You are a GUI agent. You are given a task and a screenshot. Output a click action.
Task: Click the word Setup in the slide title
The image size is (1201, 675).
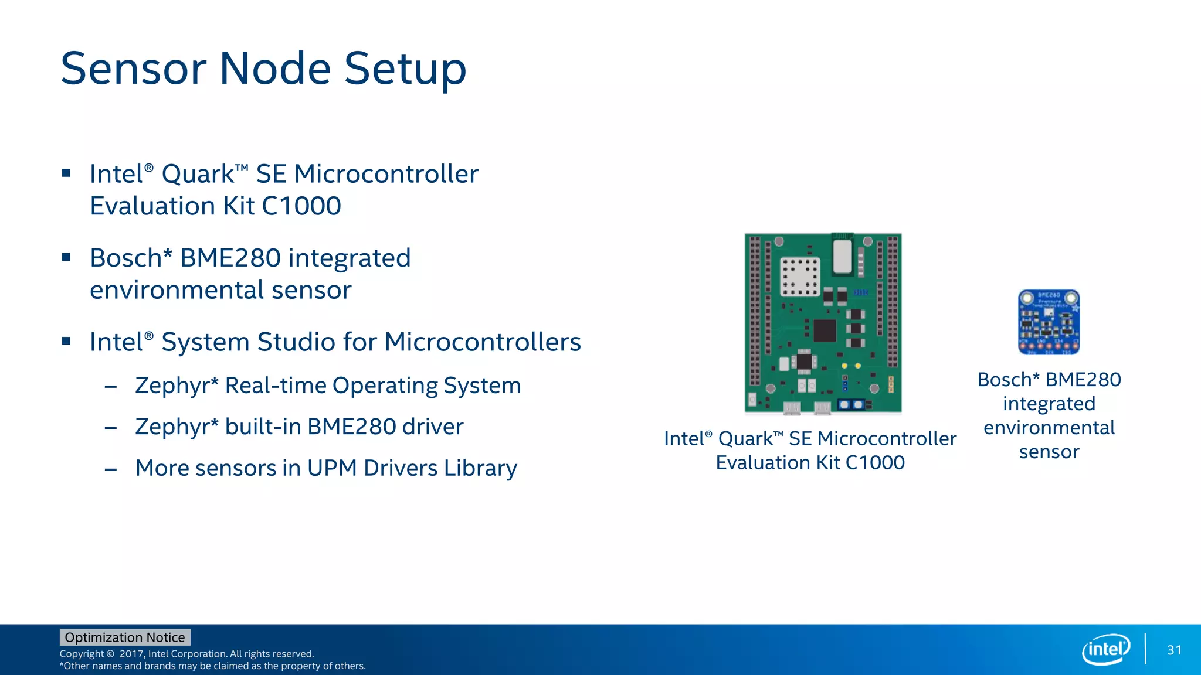pyautogui.click(x=405, y=69)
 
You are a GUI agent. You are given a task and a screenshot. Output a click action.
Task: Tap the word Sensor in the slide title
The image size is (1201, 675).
pyautogui.click(x=133, y=69)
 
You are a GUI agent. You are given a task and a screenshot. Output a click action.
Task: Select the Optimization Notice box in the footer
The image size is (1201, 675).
pyautogui.click(x=125, y=637)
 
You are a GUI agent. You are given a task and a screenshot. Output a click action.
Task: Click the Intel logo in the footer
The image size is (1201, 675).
pyautogui.click(x=1105, y=649)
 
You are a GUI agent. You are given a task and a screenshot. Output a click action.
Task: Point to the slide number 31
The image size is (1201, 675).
pyautogui.click(x=1174, y=650)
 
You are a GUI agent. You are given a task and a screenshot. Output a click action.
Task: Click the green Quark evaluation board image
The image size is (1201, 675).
pyautogui.click(x=823, y=323)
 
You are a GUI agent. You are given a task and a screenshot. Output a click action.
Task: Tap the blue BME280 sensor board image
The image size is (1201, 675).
pyautogui.click(x=1049, y=322)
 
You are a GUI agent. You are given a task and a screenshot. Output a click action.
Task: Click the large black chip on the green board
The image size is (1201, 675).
pyautogui.click(x=825, y=330)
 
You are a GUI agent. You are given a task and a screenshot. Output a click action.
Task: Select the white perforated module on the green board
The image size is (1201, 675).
pyautogui.click(x=799, y=277)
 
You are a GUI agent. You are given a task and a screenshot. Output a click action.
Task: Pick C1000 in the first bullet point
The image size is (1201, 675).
pyautogui.click(x=301, y=206)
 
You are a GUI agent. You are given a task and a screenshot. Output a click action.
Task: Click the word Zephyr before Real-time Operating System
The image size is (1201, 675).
pyautogui.click(x=177, y=386)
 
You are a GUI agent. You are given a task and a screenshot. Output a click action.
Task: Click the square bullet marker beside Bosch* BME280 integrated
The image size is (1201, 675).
pyautogui.click(x=66, y=257)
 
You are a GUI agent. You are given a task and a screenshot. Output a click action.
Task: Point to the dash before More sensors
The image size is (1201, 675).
pyautogui.click(x=110, y=469)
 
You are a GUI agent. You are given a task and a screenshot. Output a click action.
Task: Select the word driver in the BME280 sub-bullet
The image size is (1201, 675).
pyautogui.click(x=433, y=427)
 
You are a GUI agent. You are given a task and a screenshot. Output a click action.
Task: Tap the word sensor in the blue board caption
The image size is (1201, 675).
pyautogui.click(x=1049, y=452)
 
